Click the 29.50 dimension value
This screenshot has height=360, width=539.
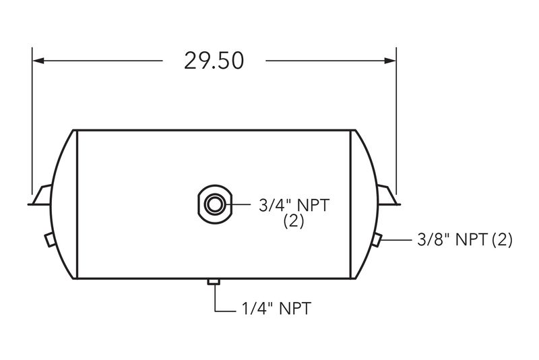coord(214,61)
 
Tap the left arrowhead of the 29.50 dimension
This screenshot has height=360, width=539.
coord(38,61)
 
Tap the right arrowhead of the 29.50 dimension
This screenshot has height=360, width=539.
coord(390,61)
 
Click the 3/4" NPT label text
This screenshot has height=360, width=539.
coord(294,206)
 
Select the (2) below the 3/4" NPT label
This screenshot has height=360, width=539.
coord(294,221)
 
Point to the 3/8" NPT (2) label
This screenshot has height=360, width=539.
coord(465,239)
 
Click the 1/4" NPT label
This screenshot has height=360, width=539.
coord(276,308)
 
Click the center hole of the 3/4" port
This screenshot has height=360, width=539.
coord(214,204)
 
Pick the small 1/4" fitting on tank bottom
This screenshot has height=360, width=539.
coord(214,282)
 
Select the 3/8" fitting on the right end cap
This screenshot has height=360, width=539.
coord(377,239)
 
